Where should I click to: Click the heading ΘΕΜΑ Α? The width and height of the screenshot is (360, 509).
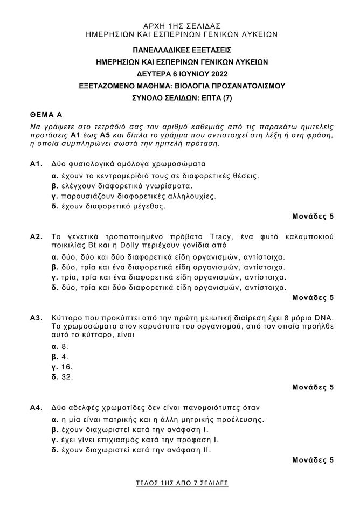(x=47, y=115)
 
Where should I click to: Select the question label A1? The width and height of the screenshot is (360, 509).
(x=36, y=163)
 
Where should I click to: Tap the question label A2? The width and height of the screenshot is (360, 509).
(x=36, y=236)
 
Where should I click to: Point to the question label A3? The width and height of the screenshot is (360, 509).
(x=36, y=318)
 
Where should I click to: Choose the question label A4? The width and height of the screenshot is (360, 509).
(x=36, y=408)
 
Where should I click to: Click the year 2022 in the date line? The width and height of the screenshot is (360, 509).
(x=217, y=74)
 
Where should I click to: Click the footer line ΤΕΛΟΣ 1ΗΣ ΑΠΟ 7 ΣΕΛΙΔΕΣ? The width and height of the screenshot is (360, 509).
(x=182, y=483)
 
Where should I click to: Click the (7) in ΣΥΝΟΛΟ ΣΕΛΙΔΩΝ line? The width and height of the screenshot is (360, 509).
(x=227, y=98)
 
